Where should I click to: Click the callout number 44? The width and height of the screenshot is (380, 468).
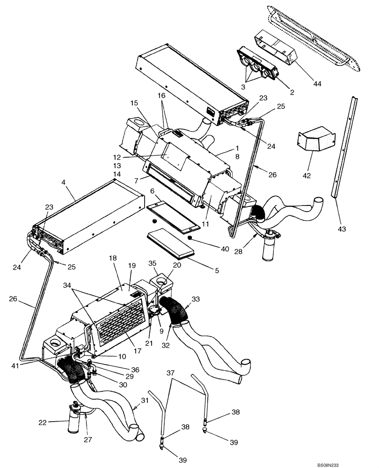[318, 83]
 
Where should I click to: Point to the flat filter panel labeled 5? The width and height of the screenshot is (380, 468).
[171, 242]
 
